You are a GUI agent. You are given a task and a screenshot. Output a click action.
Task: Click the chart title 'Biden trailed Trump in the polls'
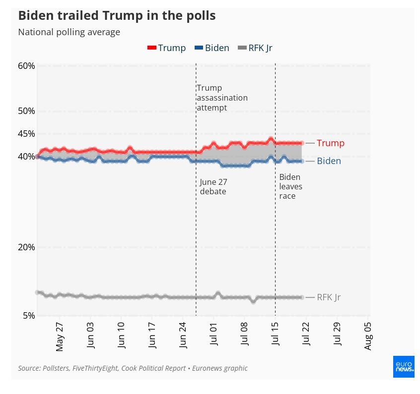pyautogui.click(x=117, y=16)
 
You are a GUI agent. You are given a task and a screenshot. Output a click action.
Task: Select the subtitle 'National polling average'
pyautogui.click(x=69, y=32)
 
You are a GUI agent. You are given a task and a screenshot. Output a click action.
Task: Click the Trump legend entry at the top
pyautogui.click(x=167, y=48)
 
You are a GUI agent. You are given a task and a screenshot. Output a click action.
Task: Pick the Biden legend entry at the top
pyautogui.click(x=212, y=48)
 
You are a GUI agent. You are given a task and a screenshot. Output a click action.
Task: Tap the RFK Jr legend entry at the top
pyautogui.click(x=255, y=48)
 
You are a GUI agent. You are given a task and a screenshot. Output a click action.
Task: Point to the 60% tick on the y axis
pyautogui.click(x=26, y=66)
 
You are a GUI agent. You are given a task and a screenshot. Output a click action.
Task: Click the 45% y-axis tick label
pyautogui.click(x=26, y=134)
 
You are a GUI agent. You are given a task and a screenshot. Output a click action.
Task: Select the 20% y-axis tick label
pyautogui.click(x=26, y=247)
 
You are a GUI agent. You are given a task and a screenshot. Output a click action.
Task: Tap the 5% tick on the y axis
pyautogui.click(x=29, y=316)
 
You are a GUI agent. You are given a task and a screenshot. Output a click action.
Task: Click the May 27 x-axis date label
pyautogui.click(x=60, y=337)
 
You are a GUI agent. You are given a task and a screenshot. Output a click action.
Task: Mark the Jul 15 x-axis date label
pyautogui.click(x=276, y=337)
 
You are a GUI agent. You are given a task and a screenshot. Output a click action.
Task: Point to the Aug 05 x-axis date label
pyautogui.click(x=368, y=336)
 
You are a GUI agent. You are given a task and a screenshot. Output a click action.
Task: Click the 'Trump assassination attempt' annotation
pyautogui.click(x=222, y=98)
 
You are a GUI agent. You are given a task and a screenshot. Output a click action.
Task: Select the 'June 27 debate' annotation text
pyautogui.click(x=213, y=187)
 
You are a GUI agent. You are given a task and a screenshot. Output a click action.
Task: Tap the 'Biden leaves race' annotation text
pyautogui.click(x=290, y=186)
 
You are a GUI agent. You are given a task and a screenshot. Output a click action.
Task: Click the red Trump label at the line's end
pyautogui.click(x=330, y=143)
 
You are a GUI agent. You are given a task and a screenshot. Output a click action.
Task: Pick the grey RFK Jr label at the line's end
pyautogui.click(x=329, y=297)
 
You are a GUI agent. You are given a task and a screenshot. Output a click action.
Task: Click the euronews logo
pyautogui.click(x=404, y=366)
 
